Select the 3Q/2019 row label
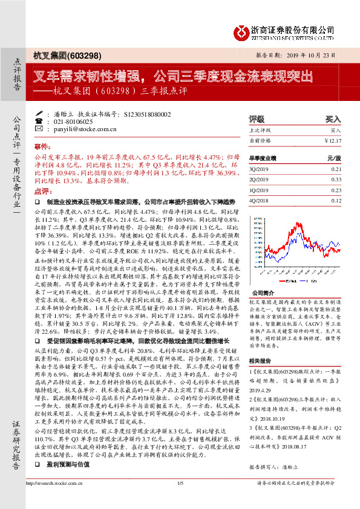click(x=258, y=169)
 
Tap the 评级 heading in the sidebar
click(x=257, y=119)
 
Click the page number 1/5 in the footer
click(x=180, y=499)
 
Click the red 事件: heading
click(x=42, y=146)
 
